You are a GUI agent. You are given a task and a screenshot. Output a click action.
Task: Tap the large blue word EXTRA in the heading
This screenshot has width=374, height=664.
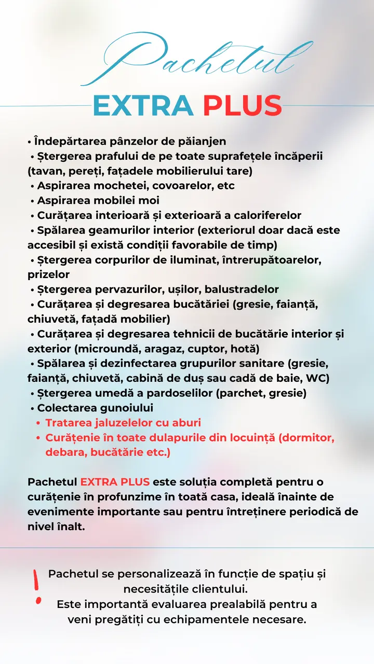click(x=143, y=106)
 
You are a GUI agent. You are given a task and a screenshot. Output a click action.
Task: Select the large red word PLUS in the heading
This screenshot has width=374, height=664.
click(x=242, y=106)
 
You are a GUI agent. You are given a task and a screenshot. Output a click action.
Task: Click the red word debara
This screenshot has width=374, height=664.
click(x=65, y=453)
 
